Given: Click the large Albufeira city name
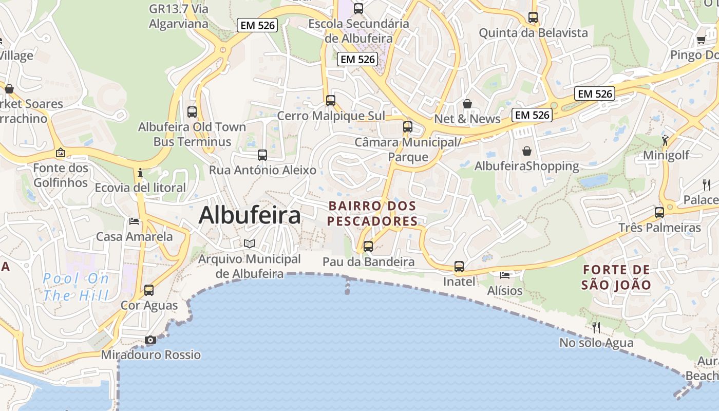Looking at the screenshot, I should (250, 215).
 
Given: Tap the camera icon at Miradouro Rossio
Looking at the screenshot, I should (150, 340).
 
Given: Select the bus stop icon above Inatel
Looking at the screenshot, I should (459, 267).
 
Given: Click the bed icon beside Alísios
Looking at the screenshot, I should (505, 275).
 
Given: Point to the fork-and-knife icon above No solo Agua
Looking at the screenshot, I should (596, 327).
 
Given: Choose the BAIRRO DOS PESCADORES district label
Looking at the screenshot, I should (372, 214).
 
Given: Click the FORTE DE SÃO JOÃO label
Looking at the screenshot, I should (616, 277).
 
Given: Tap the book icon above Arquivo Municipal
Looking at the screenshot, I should (250, 244).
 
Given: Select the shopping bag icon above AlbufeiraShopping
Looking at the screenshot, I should (527, 151).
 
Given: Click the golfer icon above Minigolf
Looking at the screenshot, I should (666, 139).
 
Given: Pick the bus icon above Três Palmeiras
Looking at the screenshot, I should (659, 212).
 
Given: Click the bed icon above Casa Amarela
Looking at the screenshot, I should (134, 221).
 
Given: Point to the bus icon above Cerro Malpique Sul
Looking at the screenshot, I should (331, 101).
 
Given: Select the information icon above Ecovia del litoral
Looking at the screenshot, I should (140, 173).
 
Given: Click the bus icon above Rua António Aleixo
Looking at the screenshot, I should (262, 155).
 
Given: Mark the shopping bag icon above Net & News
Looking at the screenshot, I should (467, 104).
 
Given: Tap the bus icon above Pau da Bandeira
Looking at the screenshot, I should (368, 247).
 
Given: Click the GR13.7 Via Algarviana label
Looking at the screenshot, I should (178, 16).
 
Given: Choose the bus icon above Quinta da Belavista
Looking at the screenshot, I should (533, 17).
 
